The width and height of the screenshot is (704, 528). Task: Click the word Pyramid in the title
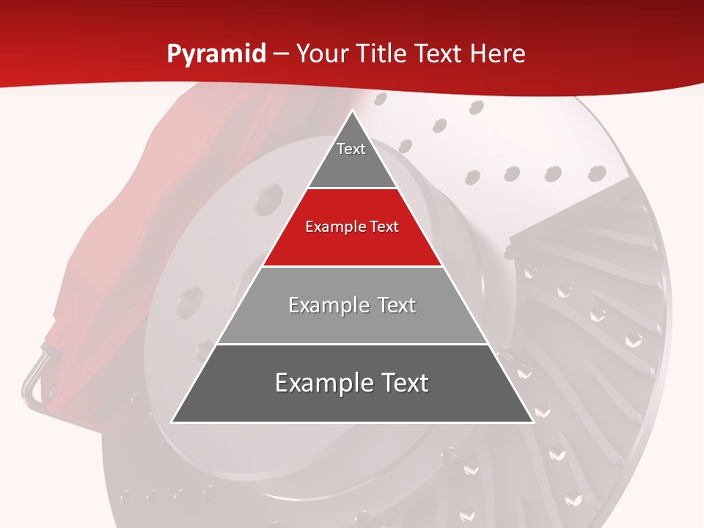(x=216, y=54)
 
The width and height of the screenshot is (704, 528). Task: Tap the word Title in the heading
(x=380, y=54)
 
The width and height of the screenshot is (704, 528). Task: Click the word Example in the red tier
(x=331, y=227)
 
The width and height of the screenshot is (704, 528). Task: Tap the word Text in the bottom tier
(x=401, y=383)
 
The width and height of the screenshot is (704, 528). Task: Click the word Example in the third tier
(x=321, y=305)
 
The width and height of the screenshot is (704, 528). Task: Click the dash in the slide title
(x=281, y=54)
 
